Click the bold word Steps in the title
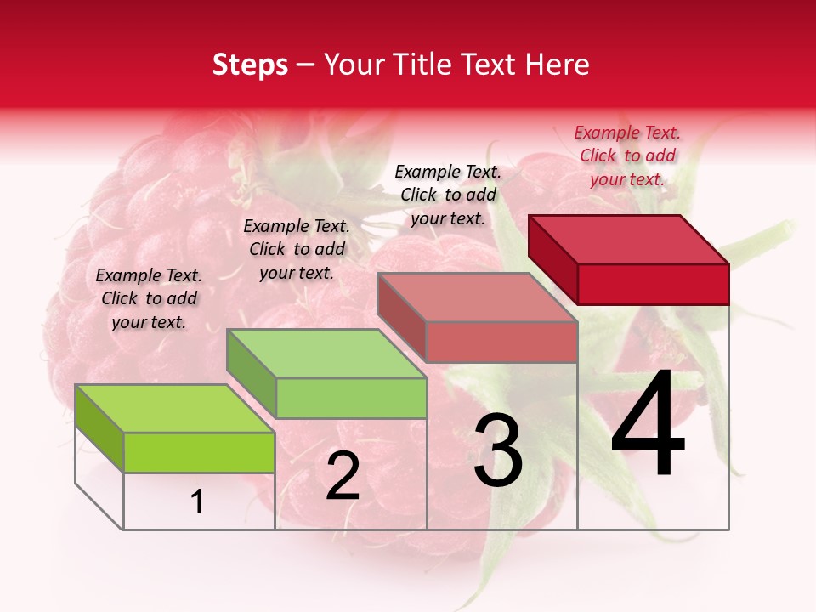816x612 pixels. [x=250, y=65]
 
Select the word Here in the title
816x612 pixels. [x=558, y=65]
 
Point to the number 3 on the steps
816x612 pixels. [x=497, y=451]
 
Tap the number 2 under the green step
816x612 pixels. [x=343, y=477]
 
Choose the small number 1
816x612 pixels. [x=197, y=502]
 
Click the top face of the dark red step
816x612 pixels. [x=629, y=239]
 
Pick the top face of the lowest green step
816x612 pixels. [x=175, y=409]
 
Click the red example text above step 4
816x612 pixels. [x=627, y=156]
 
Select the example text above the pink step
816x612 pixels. [x=448, y=195]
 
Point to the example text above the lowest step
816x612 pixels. [x=149, y=298]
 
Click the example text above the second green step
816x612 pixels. [x=297, y=249]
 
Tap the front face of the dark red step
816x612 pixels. [x=653, y=284]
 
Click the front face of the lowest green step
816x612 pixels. [x=199, y=452]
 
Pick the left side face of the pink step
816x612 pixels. [x=401, y=317]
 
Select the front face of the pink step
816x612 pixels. [x=501, y=342]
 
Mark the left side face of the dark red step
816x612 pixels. [x=552, y=258]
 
